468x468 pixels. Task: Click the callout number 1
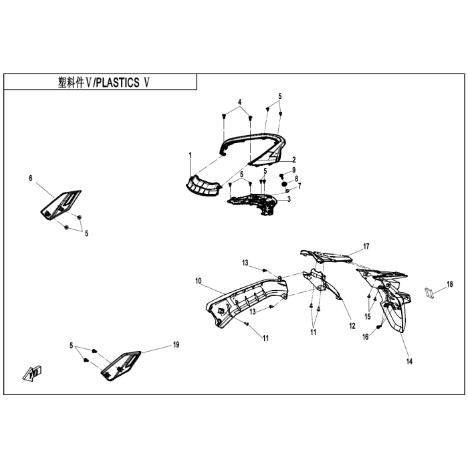tap(190, 155)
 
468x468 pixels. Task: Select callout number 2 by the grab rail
tap(294, 160)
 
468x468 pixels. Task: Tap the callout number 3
tap(288, 199)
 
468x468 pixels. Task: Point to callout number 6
tap(31, 178)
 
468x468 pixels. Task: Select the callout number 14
tap(409, 362)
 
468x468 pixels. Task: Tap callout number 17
tap(366, 247)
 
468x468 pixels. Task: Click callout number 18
tap(450, 284)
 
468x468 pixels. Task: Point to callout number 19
tap(176, 345)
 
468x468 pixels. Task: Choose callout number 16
tap(366, 337)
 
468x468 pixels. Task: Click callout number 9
tap(294, 170)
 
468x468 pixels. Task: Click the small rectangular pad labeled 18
tap(429, 292)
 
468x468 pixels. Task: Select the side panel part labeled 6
tap(60, 203)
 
